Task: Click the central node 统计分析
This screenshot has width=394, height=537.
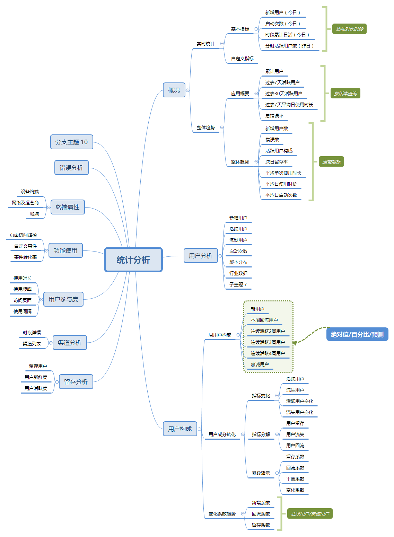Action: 133,259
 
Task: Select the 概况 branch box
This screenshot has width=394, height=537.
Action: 174,90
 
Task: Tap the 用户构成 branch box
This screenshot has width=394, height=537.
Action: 180,429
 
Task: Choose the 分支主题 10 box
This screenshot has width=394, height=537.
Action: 71,142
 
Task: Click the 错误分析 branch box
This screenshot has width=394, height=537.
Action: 71,168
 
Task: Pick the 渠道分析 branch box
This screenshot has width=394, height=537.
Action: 70,342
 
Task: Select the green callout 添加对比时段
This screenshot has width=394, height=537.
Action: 349,29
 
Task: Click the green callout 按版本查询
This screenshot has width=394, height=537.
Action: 345,93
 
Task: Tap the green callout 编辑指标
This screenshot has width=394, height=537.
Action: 331,161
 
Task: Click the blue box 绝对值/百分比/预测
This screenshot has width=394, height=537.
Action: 357,334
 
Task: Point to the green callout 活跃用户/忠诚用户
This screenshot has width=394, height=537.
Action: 310,513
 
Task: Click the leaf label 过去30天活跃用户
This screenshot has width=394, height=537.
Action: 284,94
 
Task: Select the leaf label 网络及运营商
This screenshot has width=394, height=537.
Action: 25,203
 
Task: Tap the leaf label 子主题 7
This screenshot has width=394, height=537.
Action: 238,284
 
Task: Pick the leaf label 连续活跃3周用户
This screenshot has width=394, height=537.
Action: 268,342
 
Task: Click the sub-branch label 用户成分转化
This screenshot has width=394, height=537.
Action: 222,434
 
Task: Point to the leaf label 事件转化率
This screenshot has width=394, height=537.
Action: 25,257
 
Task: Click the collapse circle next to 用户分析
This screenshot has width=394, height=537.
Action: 220,256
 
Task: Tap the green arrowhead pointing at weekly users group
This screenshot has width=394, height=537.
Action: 295,343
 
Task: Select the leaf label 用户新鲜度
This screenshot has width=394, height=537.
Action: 36,377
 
